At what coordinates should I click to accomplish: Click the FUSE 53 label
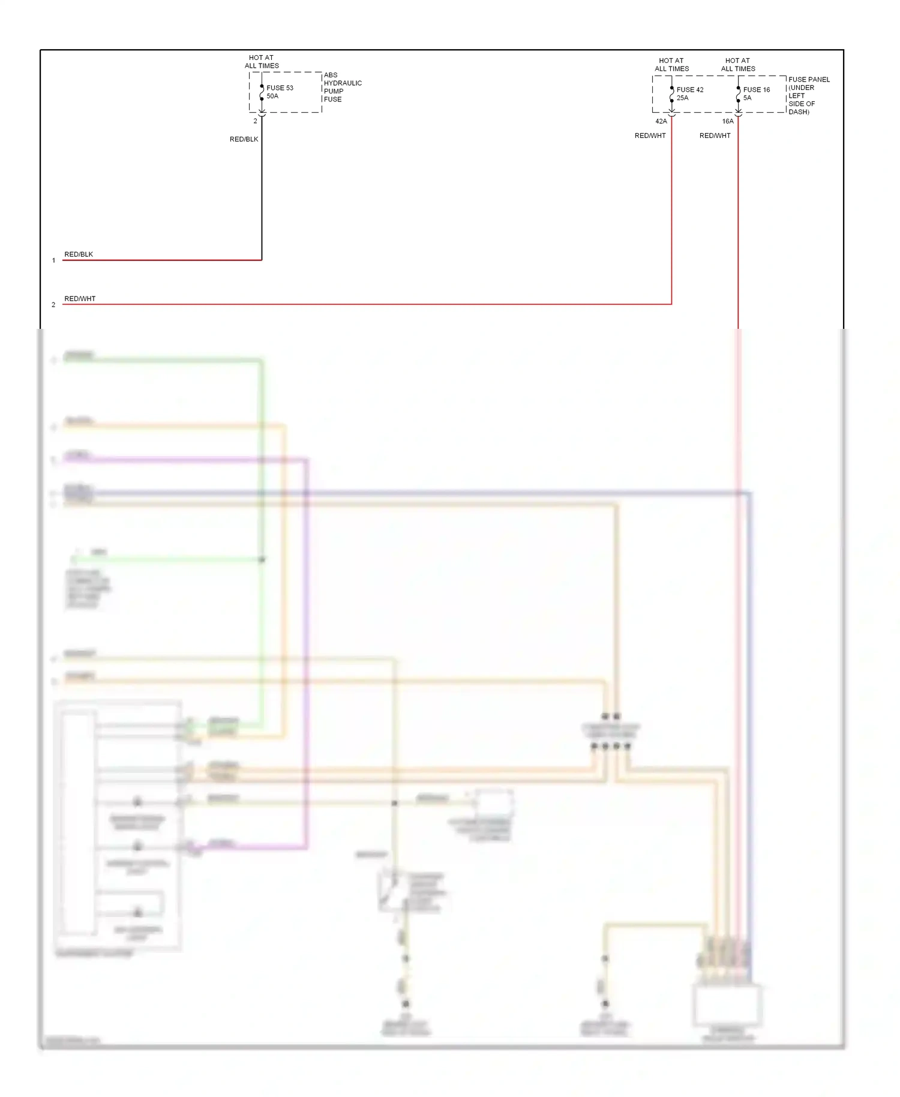(x=280, y=88)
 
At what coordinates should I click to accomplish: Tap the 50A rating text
(x=272, y=96)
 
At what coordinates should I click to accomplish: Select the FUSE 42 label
(x=690, y=89)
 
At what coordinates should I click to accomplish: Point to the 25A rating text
(x=682, y=98)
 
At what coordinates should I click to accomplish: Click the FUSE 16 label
(x=756, y=89)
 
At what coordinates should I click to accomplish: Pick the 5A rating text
(x=747, y=98)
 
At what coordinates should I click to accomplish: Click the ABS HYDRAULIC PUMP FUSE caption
(x=342, y=87)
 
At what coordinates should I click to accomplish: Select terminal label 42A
(x=661, y=121)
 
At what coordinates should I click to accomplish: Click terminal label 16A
(x=727, y=121)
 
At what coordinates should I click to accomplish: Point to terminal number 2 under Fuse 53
(x=255, y=121)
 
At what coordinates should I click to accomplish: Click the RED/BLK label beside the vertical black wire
(x=244, y=139)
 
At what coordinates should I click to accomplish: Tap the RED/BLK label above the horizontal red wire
(x=79, y=254)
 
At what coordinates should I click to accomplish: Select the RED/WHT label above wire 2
(x=80, y=299)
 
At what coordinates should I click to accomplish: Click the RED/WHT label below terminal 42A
(x=650, y=136)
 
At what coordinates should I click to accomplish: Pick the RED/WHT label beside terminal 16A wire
(x=715, y=136)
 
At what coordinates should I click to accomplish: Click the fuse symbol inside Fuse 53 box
(x=262, y=93)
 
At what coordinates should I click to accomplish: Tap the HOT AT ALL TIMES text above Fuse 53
(x=262, y=62)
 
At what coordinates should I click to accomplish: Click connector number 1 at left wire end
(x=53, y=260)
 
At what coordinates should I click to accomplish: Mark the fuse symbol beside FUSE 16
(x=738, y=94)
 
